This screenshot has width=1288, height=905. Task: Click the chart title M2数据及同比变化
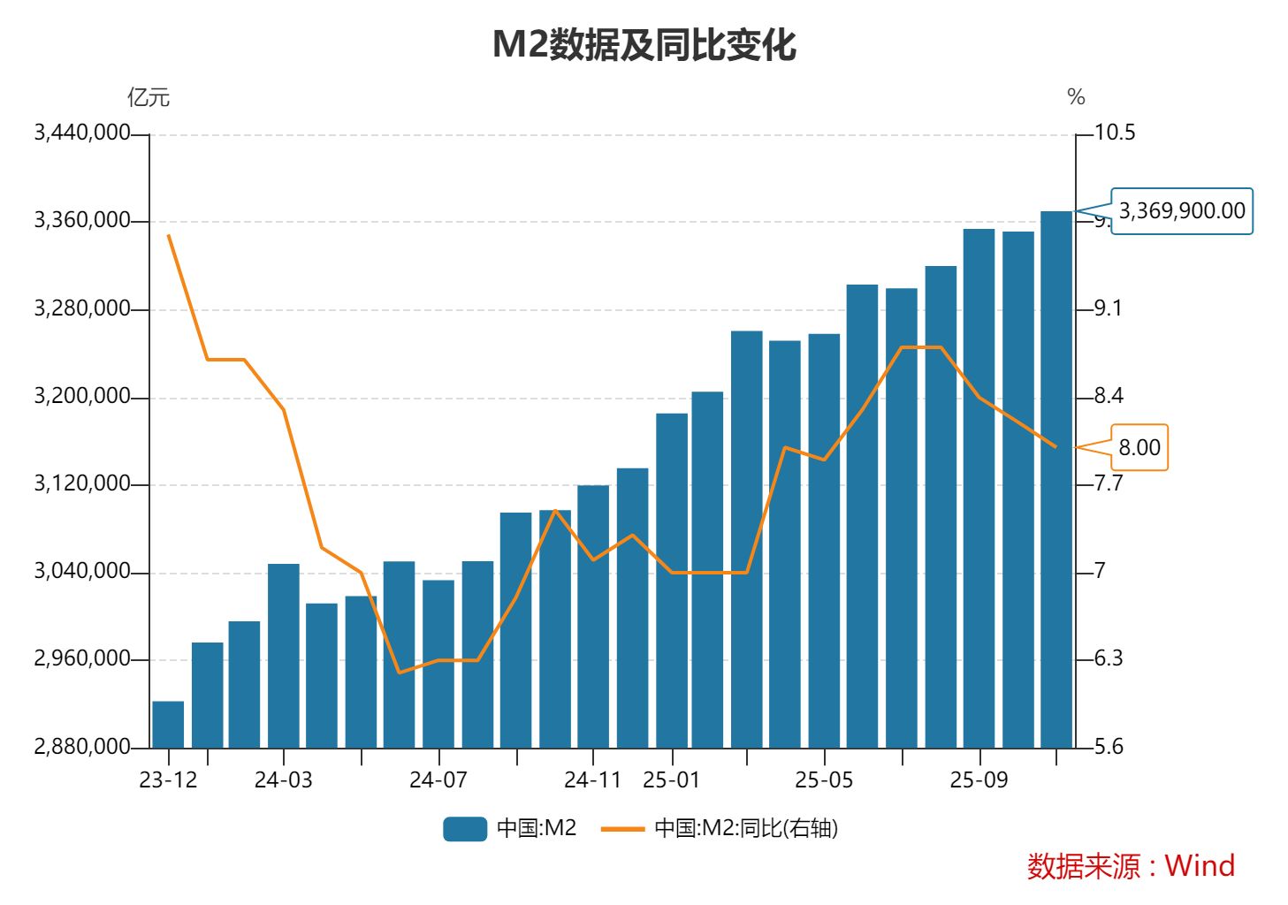point(644,44)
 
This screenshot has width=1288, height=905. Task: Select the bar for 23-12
point(168,725)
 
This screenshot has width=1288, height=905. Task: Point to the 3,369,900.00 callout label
point(1181,211)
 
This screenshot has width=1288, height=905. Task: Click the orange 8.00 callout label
point(1139,447)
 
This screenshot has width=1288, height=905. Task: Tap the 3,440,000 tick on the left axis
point(82,133)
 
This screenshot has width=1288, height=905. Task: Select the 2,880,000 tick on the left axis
point(82,747)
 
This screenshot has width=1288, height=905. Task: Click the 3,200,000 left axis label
point(82,396)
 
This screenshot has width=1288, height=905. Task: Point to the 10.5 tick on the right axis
point(1114,133)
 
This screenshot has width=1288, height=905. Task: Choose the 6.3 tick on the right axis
point(1109,658)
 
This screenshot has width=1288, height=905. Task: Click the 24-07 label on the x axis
point(438,780)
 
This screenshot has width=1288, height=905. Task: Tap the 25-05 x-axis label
point(823,780)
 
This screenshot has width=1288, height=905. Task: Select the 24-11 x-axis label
point(592,780)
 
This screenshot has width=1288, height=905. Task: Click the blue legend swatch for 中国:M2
point(465,828)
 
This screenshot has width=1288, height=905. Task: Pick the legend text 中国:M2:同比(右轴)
point(745,828)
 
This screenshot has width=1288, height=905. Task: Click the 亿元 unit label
point(149,97)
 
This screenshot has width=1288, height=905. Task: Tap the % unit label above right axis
point(1076,97)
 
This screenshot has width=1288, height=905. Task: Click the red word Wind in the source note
point(1200,865)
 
